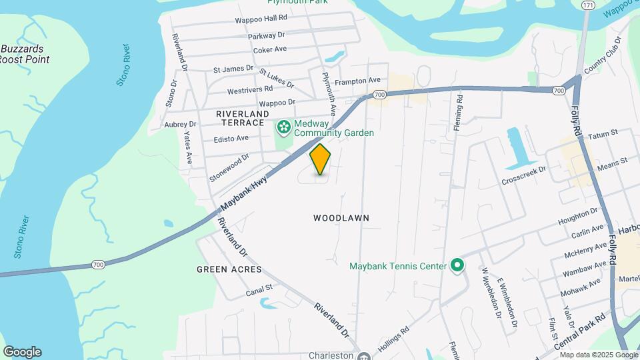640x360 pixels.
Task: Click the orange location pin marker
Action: click(321, 159)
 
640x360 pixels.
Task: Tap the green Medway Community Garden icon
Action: click(284, 126)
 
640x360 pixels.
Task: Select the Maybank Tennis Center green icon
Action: click(457, 266)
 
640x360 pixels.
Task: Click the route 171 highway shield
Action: click(587, 5)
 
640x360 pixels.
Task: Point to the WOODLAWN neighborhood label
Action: click(341, 218)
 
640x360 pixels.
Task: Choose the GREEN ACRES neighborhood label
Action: click(229, 269)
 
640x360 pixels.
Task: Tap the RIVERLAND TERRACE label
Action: click(240, 119)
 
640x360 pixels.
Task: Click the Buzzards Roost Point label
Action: click(24, 54)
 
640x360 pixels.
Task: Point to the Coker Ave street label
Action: click(270, 49)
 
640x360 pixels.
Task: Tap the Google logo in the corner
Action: click(22, 352)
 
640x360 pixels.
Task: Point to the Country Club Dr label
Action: click(602, 57)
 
